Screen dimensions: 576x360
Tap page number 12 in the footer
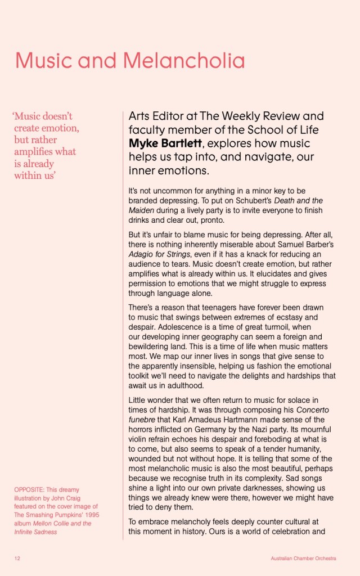pos(17,559)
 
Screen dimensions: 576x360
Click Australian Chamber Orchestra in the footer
pos(303,559)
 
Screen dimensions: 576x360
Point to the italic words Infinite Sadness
pos(35,532)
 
